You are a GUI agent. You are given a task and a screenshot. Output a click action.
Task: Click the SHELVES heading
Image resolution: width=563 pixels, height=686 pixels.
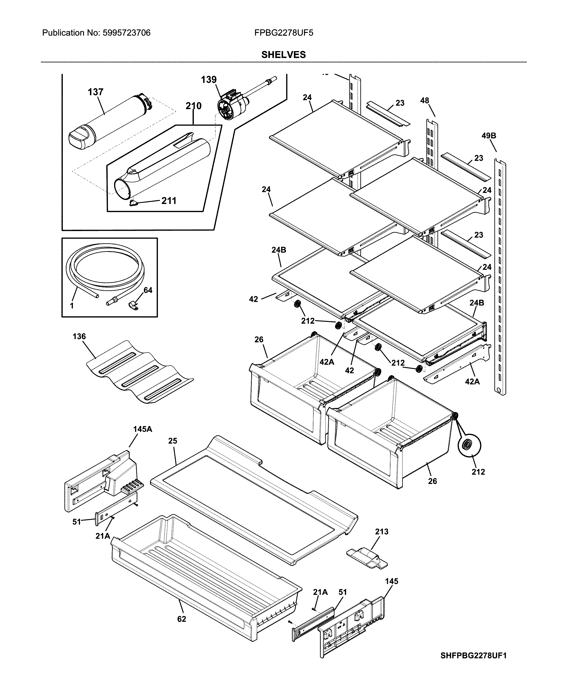coord(283,55)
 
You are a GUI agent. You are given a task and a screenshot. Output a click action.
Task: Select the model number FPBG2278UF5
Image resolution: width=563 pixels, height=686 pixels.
coord(284,33)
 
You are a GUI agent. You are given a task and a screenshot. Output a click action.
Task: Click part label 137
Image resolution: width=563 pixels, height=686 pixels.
coord(95,92)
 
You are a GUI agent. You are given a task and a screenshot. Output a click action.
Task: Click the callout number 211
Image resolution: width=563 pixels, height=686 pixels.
coord(169,201)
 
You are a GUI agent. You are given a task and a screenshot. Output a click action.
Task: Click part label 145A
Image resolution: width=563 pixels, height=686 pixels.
coord(142,429)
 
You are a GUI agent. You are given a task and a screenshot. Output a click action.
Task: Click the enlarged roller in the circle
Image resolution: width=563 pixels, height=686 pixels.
coord(469,445)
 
